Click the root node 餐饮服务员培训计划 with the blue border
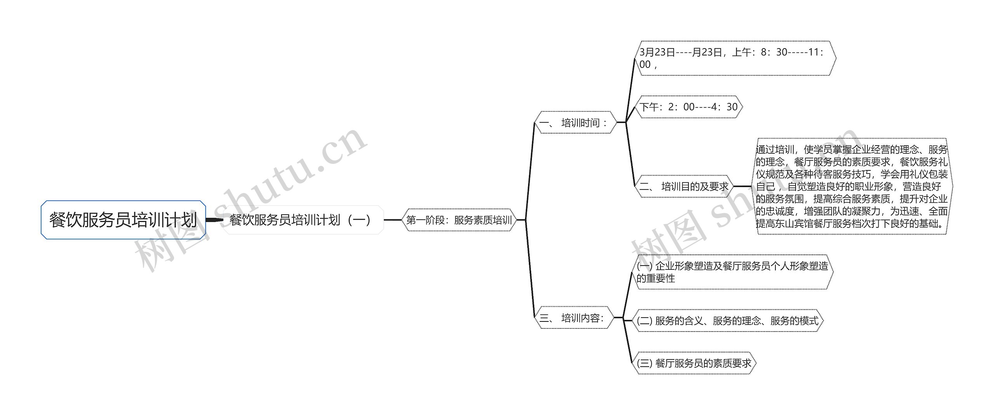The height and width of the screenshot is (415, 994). click(x=123, y=220)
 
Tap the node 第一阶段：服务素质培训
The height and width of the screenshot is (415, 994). click(x=459, y=220)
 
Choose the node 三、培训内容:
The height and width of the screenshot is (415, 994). click(x=573, y=318)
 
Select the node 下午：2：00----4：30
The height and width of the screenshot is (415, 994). click(x=688, y=107)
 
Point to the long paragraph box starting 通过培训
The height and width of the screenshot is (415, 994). click(x=852, y=186)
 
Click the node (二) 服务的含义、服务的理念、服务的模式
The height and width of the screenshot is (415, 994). click(x=728, y=321)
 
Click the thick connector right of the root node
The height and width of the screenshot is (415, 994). click(x=214, y=220)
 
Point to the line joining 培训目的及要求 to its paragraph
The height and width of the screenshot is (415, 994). click(x=742, y=186)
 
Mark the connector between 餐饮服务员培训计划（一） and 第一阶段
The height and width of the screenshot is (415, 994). click(x=393, y=220)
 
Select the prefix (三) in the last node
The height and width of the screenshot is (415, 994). click(x=645, y=363)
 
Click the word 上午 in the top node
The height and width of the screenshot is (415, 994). click(x=742, y=52)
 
